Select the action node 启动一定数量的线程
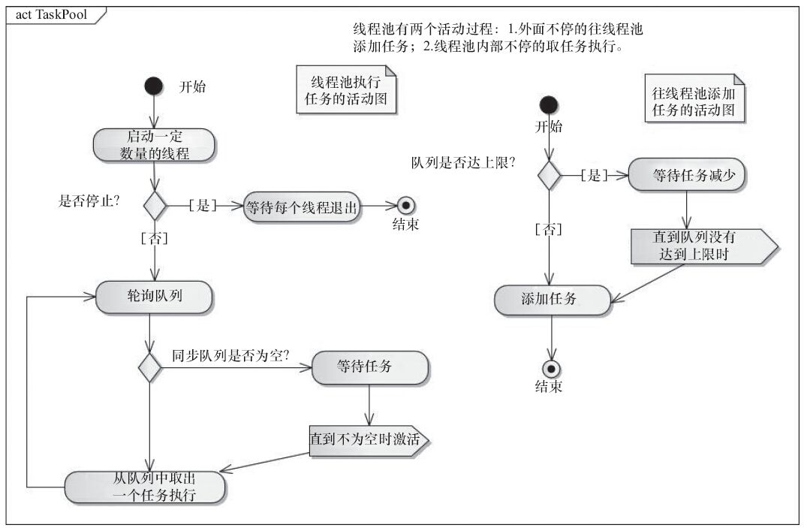click(155, 144)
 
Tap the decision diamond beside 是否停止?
click(155, 205)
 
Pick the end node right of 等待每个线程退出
click(406, 206)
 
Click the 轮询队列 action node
click(154, 297)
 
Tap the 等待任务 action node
click(369, 367)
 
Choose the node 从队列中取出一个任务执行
click(145, 487)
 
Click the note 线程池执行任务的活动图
click(347, 90)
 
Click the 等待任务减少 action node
click(688, 174)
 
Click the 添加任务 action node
click(552, 299)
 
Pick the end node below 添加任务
click(553, 368)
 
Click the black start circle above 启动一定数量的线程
click(154, 85)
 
